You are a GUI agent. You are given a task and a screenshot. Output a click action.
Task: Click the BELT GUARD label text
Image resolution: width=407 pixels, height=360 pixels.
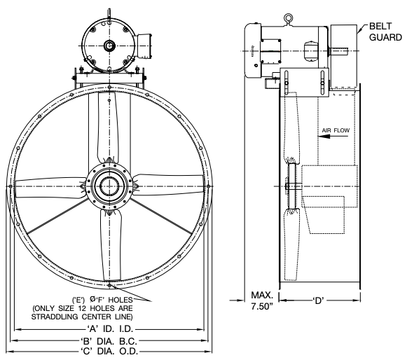[385, 32]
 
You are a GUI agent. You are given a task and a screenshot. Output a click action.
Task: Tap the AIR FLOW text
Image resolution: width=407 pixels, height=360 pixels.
[336, 130]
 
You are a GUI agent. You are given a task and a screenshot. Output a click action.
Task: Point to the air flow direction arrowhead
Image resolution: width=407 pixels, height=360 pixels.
[324, 137]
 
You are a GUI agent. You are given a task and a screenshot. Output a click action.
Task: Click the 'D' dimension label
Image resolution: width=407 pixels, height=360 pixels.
[319, 300]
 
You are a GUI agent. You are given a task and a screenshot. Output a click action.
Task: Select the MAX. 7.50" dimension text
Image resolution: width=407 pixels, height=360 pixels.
[262, 300]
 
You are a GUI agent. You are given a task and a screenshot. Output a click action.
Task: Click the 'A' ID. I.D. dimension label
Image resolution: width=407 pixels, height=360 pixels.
[109, 329]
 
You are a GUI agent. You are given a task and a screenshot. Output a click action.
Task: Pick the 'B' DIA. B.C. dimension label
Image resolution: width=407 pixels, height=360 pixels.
[109, 340]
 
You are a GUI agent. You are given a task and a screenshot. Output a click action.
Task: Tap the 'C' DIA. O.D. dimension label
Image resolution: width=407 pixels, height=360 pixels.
[109, 352]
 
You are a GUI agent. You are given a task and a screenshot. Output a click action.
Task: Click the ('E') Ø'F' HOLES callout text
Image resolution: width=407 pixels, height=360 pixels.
[102, 300]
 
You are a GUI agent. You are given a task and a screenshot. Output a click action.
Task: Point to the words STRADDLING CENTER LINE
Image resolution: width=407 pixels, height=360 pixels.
[81, 317]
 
